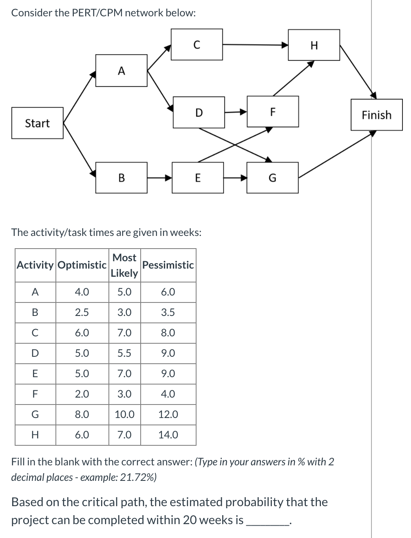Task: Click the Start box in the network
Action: tap(37, 123)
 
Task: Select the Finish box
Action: tap(376, 115)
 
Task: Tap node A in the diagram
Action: tap(121, 71)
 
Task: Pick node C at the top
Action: tap(197, 44)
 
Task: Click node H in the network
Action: tap(314, 45)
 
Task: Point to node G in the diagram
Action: tap(272, 178)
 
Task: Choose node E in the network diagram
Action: tap(198, 178)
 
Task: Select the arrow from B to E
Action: tap(159, 178)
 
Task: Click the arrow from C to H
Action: tap(255, 45)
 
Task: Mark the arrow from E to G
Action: tap(235, 178)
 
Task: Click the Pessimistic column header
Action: tap(168, 265)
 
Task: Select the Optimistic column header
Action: tap(82, 265)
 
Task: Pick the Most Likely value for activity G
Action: tap(124, 414)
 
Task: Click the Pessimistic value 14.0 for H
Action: tap(168, 435)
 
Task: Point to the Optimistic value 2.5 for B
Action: tap(82, 312)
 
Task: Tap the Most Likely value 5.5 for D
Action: tap(124, 353)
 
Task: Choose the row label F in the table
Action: tap(35, 394)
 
